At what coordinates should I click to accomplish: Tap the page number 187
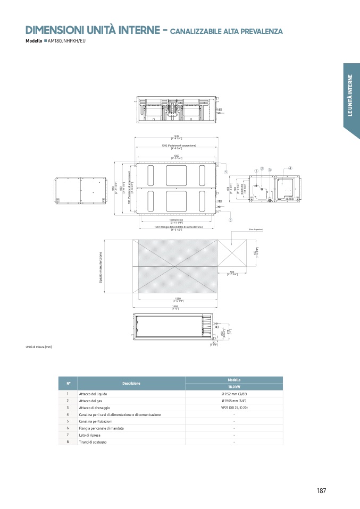pyautogui.click(x=321, y=490)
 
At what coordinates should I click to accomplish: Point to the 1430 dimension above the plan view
pyautogui.click(x=177, y=135)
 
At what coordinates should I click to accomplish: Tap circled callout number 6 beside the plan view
pyautogui.click(x=230, y=219)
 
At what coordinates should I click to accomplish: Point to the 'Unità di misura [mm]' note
pyautogui.click(x=39, y=347)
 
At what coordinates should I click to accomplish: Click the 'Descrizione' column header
pyautogui.click(x=131, y=383)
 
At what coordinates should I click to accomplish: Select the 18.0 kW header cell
pyautogui.click(x=234, y=387)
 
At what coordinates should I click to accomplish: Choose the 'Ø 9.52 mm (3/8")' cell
pyautogui.click(x=234, y=394)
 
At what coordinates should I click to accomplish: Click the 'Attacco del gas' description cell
pyautogui.click(x=90, y=401)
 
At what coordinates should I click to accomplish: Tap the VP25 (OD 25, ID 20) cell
pyautogui.click(x=234, y=408)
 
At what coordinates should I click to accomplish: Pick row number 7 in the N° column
pyautogui.click(x=68, y=435)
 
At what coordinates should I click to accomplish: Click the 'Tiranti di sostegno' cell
pyautogui.click(x=93, y=442)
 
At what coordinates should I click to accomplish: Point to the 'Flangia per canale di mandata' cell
pyautogui.click(x=101, y=428)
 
